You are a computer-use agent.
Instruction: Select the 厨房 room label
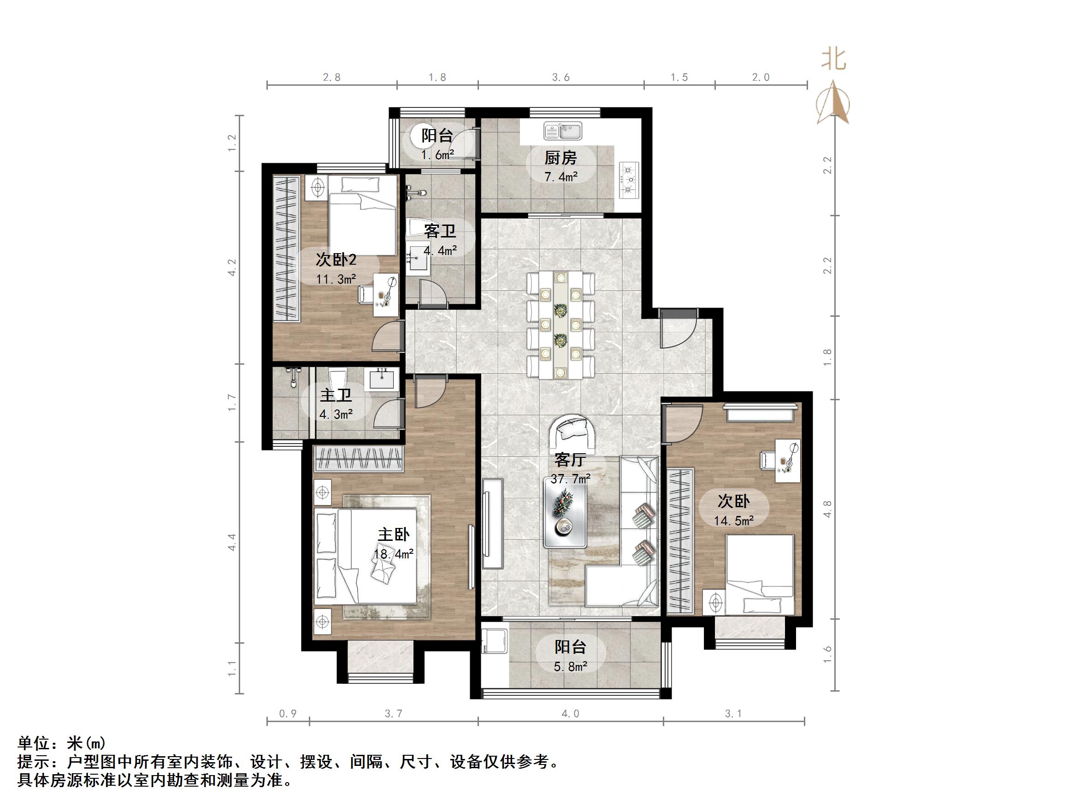pos(561,158)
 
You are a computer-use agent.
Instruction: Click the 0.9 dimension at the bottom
pos(288,714)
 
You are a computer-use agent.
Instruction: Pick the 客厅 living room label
pos(570,460)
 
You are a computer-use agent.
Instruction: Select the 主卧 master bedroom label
pos(394,535)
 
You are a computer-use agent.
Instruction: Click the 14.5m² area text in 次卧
pos(733,521)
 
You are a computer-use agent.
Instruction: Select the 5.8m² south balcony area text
pos(571,667)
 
